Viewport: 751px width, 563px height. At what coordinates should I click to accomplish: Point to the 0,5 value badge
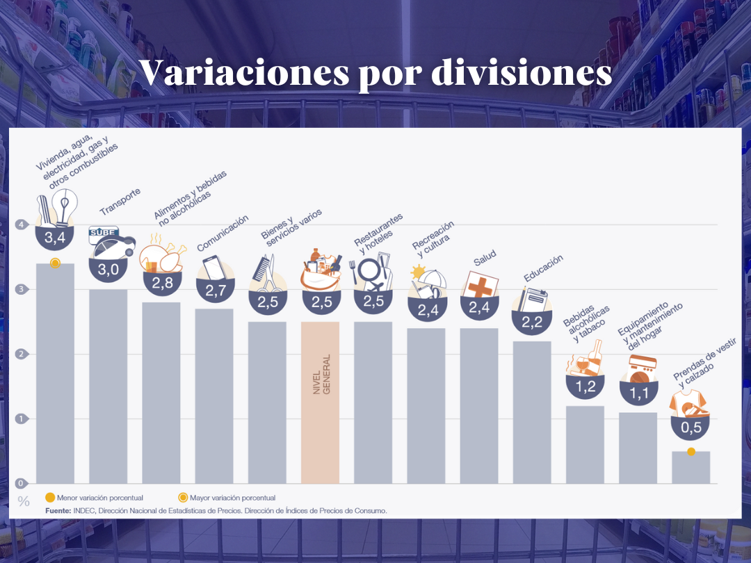pos(691,427)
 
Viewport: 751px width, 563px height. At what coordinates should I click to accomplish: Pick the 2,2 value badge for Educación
pos(531,321)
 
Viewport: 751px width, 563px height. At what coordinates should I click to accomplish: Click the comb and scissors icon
pos(266,274)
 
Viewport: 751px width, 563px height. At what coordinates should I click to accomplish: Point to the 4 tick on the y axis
pos(22,225)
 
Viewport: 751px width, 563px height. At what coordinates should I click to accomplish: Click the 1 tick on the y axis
pos(22,418)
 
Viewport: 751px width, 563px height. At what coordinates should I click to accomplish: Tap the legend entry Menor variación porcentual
pos(93,498)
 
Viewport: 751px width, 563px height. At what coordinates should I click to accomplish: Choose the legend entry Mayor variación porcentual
pos(227,498)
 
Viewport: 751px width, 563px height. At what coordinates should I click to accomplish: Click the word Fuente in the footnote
pos(58,510)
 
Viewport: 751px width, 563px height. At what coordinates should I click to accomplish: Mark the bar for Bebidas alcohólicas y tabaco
pos(585,445)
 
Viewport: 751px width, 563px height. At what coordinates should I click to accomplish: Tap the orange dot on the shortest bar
pos(691,452)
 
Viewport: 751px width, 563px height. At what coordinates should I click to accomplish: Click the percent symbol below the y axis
pos(24,501)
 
